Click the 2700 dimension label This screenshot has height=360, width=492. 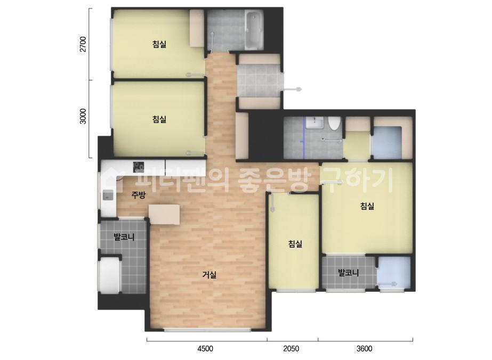coord(83,44)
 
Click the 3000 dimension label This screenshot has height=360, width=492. coord(83,116)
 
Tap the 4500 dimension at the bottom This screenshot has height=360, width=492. coord(205,348)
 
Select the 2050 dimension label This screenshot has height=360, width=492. coord(291,348)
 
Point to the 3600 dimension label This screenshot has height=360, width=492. coord(364,348)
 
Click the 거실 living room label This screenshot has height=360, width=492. coord(209,275)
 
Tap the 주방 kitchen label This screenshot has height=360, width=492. coord(139,195)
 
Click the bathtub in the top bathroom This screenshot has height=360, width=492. coord(254,30)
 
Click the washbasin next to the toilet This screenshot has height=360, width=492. coord(314,122)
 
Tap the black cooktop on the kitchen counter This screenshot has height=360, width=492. coord(139,167)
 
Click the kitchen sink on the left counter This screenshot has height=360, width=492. coord(108,195)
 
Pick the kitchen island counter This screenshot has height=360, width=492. coord(164,215)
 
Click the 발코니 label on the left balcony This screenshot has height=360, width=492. coord(124,236)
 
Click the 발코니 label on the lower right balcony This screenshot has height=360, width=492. coord(348,273)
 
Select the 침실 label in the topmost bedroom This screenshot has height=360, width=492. coord(159,44)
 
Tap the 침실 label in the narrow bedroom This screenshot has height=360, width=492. coord(295,244)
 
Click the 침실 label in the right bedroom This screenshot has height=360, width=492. coord(367,206)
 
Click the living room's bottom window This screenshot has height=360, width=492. coord(207,330)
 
